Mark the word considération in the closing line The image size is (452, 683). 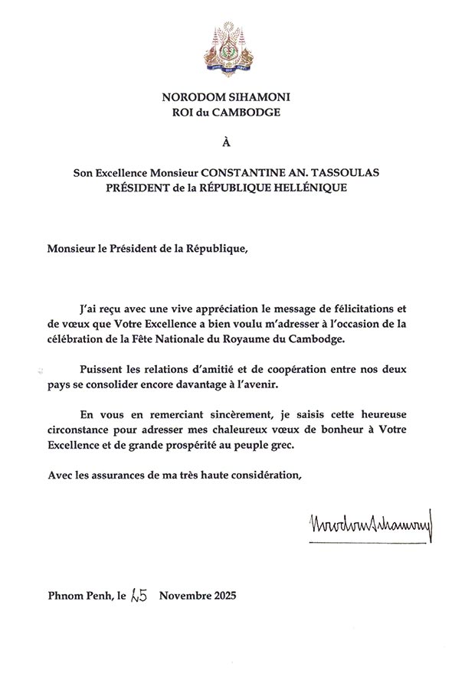[x=264, y=475]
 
